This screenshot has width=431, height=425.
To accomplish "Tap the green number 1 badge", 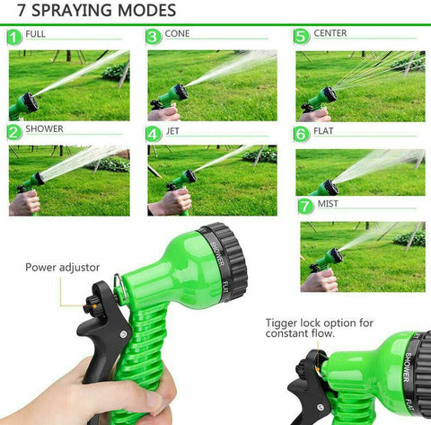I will pos(13,38).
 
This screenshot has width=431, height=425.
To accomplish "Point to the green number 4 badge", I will pos(154,134).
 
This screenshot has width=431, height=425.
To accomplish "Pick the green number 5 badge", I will pos(302,37).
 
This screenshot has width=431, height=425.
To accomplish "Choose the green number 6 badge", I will pos(302,134).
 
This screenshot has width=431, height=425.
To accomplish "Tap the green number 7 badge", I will pos(306,207).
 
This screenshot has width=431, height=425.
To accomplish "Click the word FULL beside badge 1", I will pos(36,34).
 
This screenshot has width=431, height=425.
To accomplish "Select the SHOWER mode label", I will pos(44,129).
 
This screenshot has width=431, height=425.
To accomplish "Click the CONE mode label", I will pos(178,34).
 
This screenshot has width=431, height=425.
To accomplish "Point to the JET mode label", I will pos(174,131).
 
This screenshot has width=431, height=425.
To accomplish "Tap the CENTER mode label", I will pos(330,34).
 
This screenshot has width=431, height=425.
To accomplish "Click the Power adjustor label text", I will pos(62,267).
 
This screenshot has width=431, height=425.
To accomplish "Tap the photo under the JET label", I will pos(212,180).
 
